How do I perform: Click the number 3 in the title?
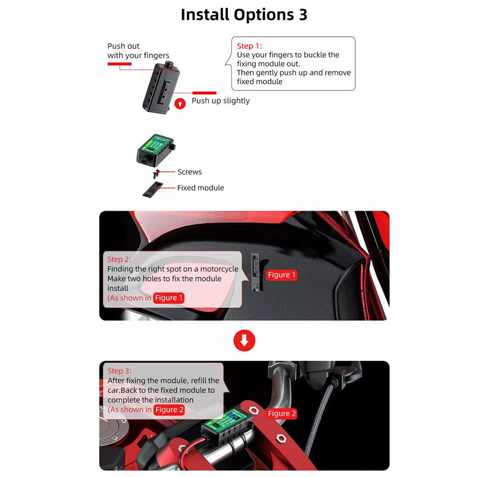point(302,15)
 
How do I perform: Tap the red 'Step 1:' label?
point(249,46)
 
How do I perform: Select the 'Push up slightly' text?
point(220,101)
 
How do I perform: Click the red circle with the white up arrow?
point(180,103)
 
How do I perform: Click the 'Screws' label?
point(189,172)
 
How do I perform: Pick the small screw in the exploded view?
point(156,174)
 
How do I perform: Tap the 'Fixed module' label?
point(200,188)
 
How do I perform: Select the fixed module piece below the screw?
point(152,189)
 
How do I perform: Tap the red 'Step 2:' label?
point(119,259)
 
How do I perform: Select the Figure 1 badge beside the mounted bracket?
point(281,275)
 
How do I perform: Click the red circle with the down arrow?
point(244,341)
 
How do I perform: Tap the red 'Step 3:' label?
point(119,371)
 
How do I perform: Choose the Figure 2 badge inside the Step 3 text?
point(169,410)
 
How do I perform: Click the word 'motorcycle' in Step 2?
point(219,269)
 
